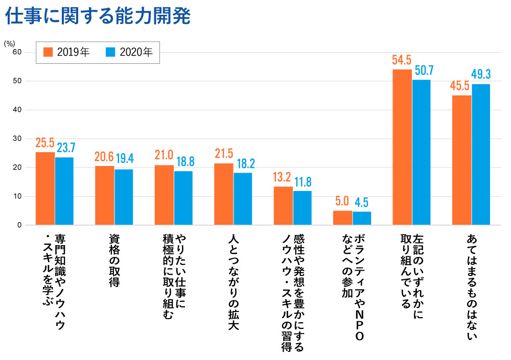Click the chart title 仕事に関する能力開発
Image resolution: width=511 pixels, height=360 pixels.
[x=98, y=16]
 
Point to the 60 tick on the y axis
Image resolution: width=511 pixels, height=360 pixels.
[x=17, y=52]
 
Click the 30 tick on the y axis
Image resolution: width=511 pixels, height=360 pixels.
[x=17, y=138]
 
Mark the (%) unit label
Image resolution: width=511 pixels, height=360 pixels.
[x=9, y=43]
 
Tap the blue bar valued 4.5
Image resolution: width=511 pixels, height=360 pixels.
[x=362, y=218]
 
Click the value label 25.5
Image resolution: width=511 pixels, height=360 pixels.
[x=45, y=143]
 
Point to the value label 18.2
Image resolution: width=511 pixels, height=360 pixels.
[x=244, y=164]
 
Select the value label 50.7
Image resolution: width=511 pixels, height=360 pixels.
[x=422, y=70]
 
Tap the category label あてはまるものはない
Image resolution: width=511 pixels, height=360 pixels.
[x=472, y=286]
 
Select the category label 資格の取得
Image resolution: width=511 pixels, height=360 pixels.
[x=114, y=260]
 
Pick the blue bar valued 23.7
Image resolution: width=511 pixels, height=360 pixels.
[x=65, y=191]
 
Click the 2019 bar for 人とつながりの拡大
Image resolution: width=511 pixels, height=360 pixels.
[x=223, y=194]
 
